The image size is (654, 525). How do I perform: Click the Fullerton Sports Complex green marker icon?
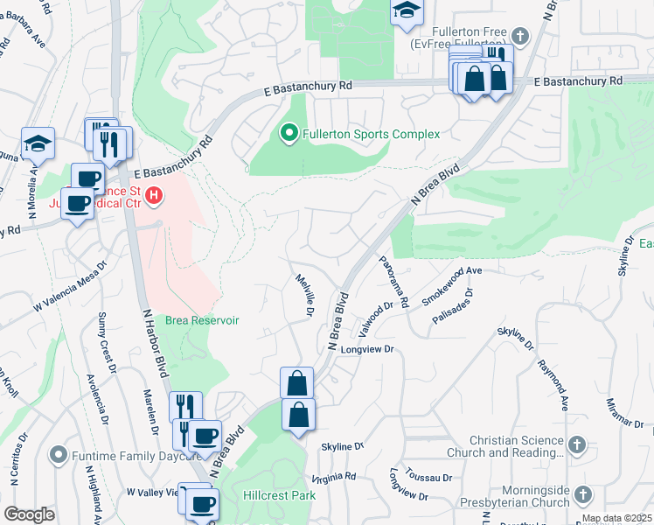pos(289,134)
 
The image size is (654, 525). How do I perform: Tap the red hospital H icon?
pos(154,194)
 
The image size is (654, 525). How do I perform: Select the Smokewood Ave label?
pos(452,286)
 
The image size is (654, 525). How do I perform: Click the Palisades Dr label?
pos(451,306)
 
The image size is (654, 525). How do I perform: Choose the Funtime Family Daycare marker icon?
pos(59,454)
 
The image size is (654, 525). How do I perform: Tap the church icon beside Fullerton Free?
pos(520,36)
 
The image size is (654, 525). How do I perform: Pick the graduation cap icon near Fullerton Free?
pos(406,11)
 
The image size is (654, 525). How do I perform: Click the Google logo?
pos(29,514)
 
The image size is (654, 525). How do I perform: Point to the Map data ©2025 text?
pos(616,518)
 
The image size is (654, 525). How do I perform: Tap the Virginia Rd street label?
pos(334,477)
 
